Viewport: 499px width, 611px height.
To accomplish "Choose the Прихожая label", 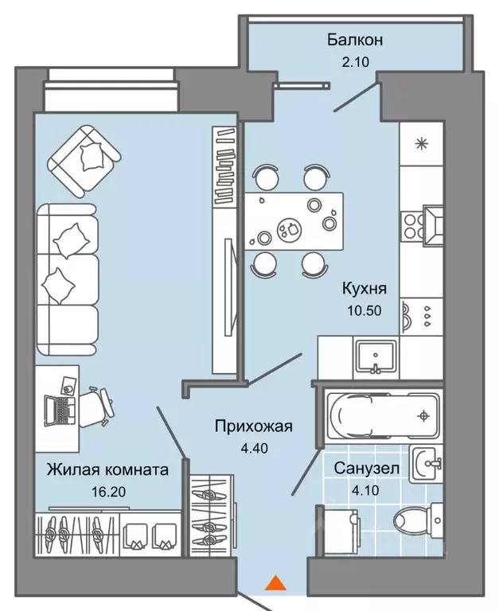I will tap(254, 426).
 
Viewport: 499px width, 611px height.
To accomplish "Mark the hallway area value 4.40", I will tap(254, 447).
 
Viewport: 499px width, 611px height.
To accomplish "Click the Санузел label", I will tap(366, 469).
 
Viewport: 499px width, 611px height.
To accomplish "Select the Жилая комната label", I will tap(107, 470).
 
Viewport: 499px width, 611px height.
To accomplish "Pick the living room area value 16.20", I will tap(107, 491).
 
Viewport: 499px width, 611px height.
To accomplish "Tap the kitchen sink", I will tap(374, 355).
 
